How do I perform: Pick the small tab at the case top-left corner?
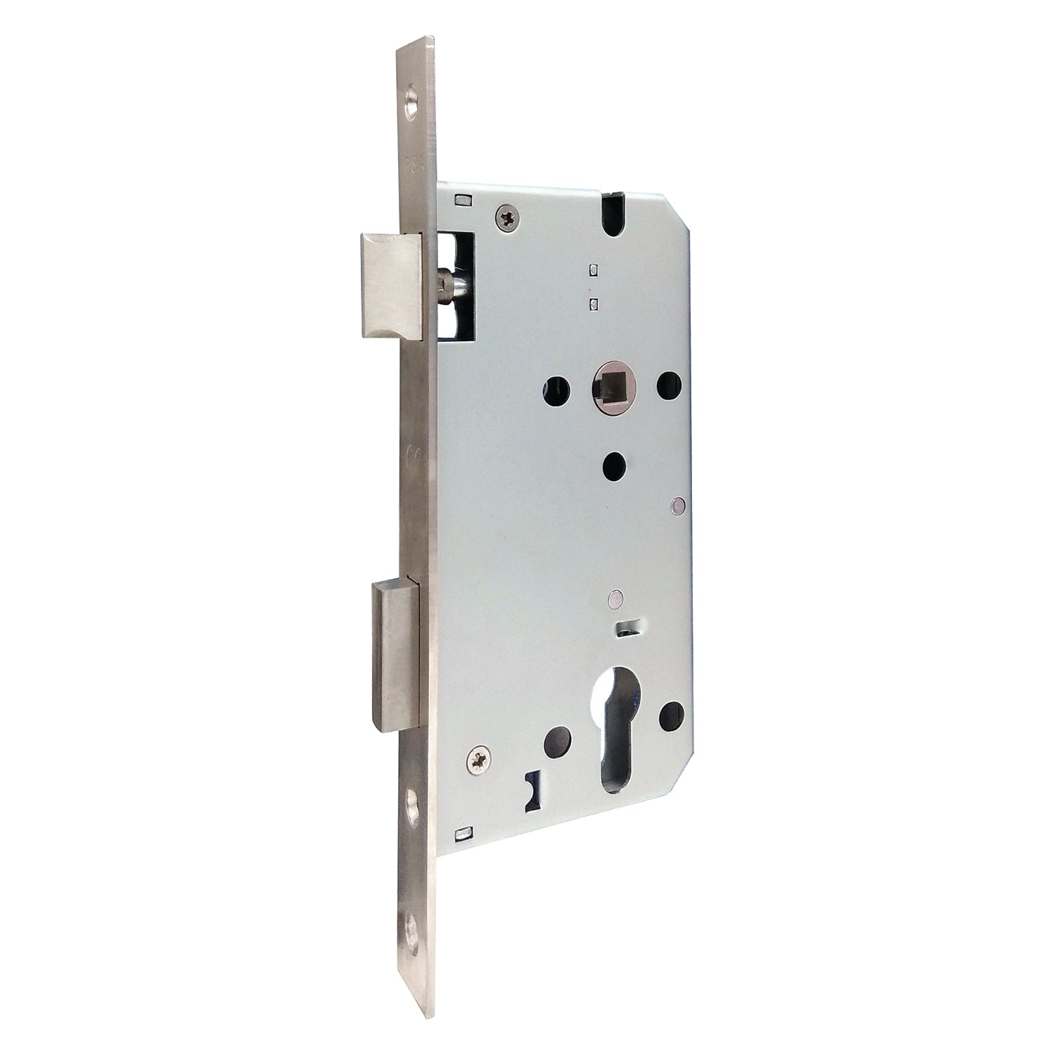[462, 199]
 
